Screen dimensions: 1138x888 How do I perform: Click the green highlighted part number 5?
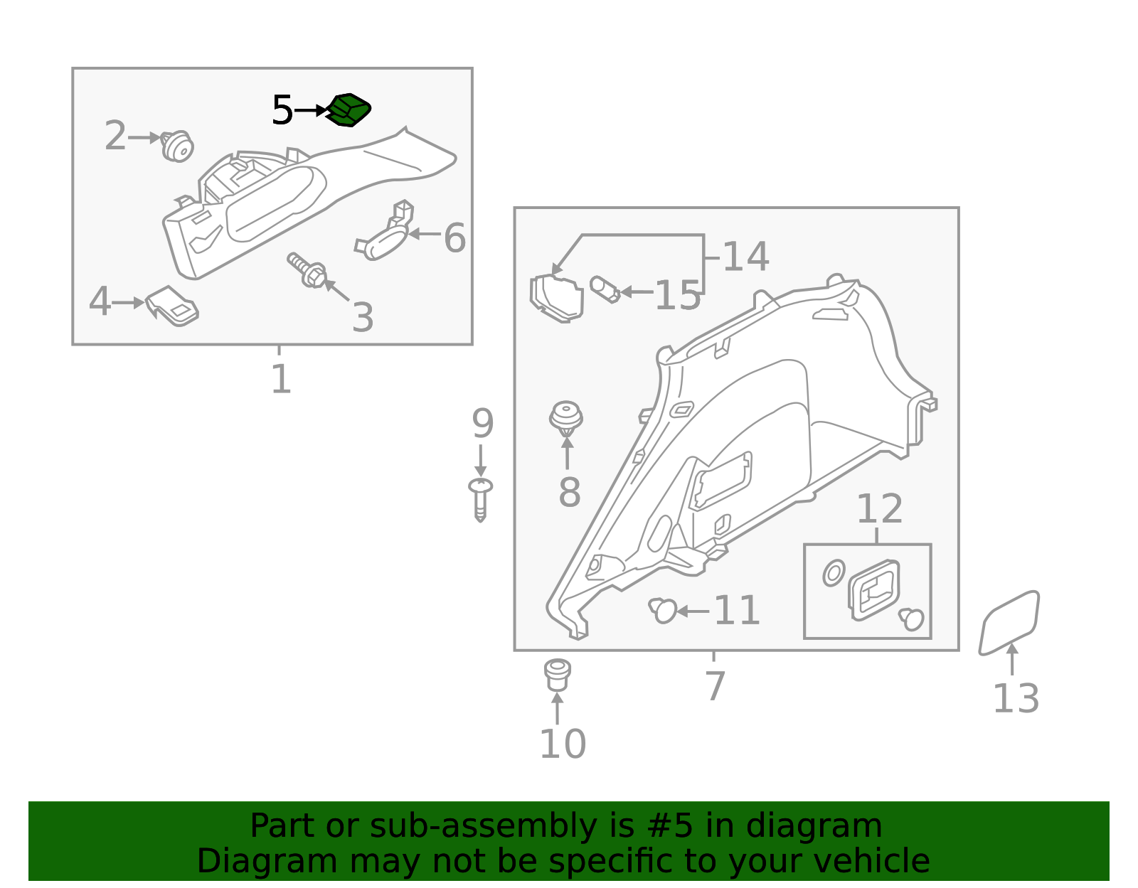[x=349, y=110]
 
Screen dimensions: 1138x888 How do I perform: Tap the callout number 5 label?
[x=282, y=110]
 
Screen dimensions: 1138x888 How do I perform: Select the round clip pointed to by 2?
[x=178, y=146]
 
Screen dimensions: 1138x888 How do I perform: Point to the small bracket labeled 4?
[x=172, y=306]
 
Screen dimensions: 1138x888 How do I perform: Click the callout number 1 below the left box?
[x=281, y=379]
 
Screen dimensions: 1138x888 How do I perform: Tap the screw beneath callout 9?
[x=480, y=499]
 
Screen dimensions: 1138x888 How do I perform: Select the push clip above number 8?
[x=566, y=418]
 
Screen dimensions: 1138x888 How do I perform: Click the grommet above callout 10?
[x=557, y=675]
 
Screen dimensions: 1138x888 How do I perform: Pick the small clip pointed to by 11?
[x=662, y=610]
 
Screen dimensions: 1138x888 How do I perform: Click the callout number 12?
[x=879, y=508]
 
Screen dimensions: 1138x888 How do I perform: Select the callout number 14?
[x=746, y=257]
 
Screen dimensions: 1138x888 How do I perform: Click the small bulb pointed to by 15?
[x=605, y=289]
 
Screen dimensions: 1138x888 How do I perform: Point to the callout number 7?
[x=715, y=686]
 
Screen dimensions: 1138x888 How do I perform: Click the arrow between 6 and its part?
[x=424, y=234]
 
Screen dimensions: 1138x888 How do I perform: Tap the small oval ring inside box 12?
[x=834, y=572]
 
